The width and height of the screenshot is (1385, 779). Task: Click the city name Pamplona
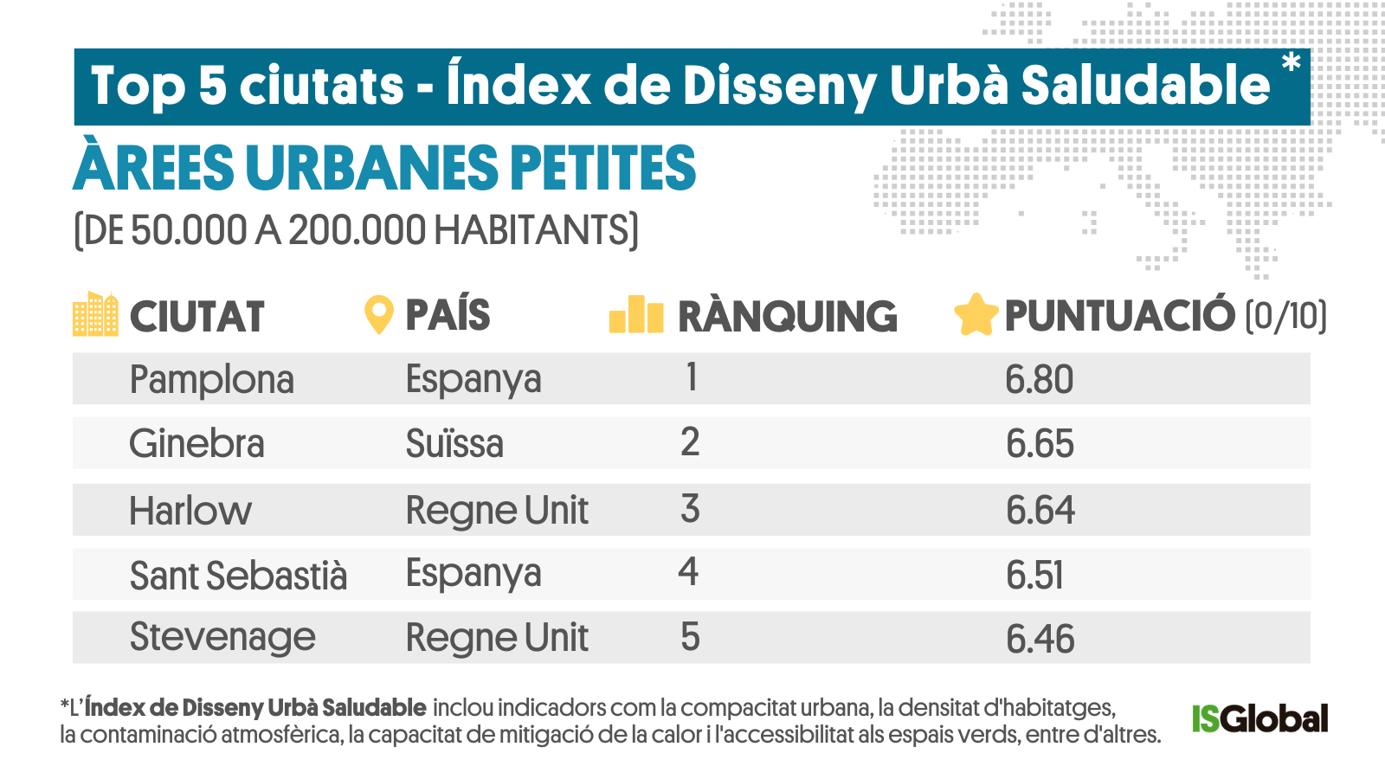point(211,380)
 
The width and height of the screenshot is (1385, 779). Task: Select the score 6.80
point(1039,380)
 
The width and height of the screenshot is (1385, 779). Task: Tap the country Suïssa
point(454,444)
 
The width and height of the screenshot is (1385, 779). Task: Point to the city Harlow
point(190,511)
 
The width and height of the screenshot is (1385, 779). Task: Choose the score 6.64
point(1040,511)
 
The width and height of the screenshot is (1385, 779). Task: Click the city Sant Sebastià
point(238,576)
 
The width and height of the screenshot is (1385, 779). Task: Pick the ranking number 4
point(688,572)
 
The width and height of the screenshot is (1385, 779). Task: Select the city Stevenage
point(222,638)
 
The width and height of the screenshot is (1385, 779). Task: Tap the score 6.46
point(1040,640)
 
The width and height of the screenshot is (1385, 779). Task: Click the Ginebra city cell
point(196,444)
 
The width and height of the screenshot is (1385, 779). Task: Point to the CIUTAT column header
point(196,317)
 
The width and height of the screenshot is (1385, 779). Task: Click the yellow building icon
point(95,314)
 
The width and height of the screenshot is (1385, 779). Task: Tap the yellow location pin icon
point(378,315)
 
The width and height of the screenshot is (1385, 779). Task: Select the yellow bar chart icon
point(636,314)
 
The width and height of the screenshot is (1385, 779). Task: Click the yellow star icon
point(976,315)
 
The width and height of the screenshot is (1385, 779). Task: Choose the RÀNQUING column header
point(787,317)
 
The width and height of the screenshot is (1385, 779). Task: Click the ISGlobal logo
point(1259,718)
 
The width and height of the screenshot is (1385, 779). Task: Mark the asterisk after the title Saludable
point(1291,63)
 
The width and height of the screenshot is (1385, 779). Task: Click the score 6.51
point(1034,576)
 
